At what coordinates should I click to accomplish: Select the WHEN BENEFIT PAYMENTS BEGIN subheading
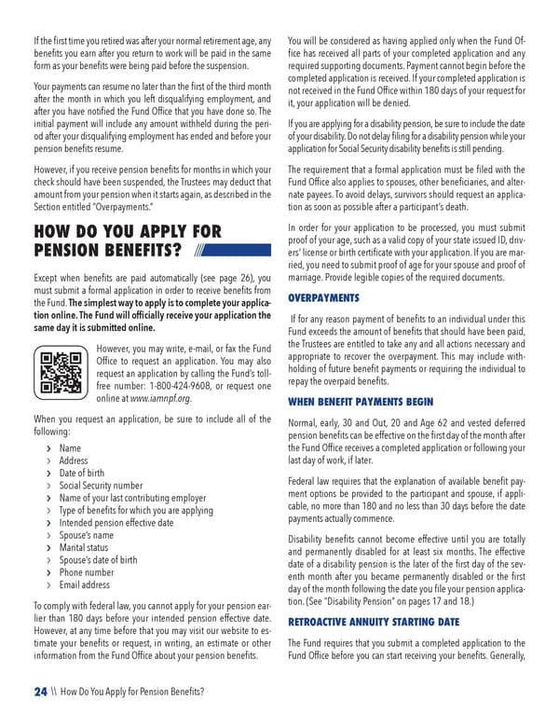pyautogui.click(x=361, y=402)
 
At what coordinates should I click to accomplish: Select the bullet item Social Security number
pyautogui.click(x=101, y=486)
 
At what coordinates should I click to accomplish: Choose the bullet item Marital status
pyautogui.click(x=84, y=548)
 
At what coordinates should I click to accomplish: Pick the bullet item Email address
pyautogui.click(x=84, y=585)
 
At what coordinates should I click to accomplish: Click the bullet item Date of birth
pyautogui.click(x=82, y=474)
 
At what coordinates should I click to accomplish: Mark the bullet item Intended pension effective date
pyautogui.click(x=116, y=523)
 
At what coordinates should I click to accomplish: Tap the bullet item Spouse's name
pyautogui.click(x=87, y=536)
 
